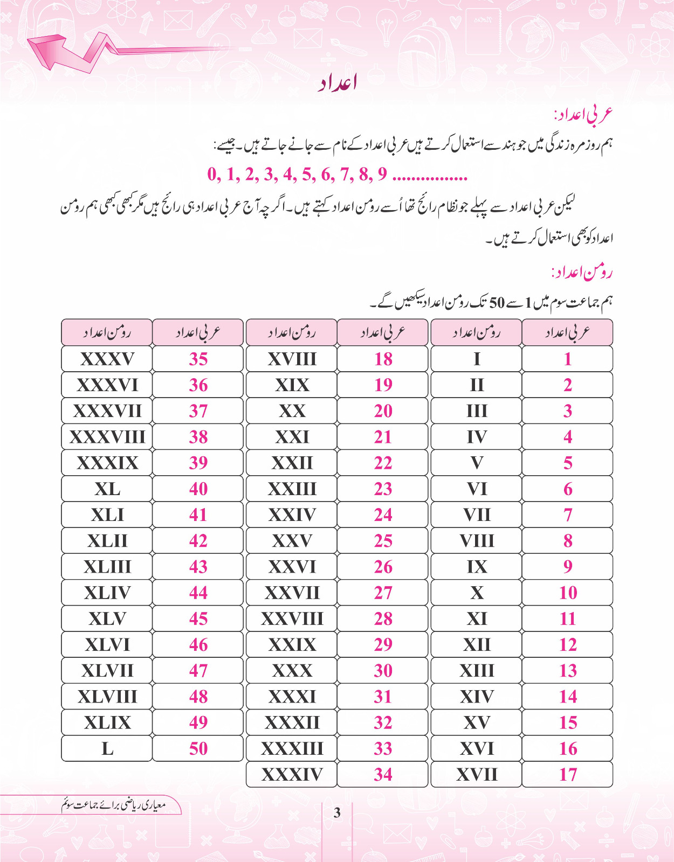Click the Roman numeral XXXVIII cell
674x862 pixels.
[107, 437]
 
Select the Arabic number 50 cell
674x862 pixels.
[198, 748]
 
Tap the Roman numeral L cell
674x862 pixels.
[107, 748]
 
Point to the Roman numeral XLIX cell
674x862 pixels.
[107, 722]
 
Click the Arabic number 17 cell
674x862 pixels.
[568, 774]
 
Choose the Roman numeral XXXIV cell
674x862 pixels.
[292, 774]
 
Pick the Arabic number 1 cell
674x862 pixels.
[568, 359]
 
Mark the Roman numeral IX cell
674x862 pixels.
[477, 567]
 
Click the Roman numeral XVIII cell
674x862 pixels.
[292, 359]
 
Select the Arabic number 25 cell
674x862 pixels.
[383, 541]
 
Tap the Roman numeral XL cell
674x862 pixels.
[107, 489]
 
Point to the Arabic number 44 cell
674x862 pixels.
[198, 593]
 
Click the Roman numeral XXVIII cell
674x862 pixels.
[292, 618]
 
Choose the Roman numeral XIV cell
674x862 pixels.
[477, 697]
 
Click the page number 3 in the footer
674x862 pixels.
[337, 812]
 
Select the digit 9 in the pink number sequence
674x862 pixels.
[382, 174]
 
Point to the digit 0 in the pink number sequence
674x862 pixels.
[213, 174]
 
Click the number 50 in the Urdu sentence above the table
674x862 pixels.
[497, 303]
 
